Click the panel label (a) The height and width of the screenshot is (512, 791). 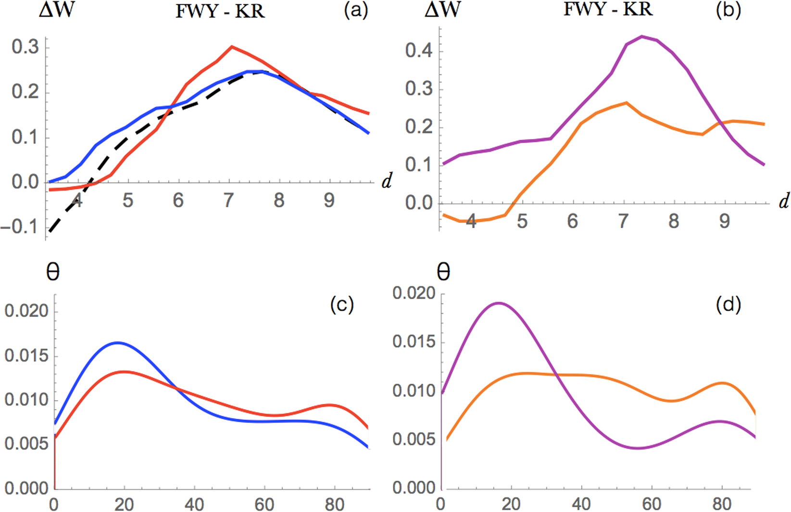tap(356, 10)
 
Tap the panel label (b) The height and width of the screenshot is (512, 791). tap(728, 10)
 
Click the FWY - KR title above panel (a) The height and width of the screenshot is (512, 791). tap(220, 11)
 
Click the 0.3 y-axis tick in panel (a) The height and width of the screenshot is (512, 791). tap(25, 47)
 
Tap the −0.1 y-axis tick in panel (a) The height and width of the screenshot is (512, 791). tap(19, 226)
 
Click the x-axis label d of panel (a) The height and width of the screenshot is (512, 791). tap(386, 182)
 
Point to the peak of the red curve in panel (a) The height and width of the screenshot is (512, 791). tap(232, 47)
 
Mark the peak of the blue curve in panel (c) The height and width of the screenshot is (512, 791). tap(117, 342)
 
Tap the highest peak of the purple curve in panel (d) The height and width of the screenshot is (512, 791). tap(499, 303)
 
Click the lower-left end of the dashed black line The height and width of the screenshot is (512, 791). tap(50, 232)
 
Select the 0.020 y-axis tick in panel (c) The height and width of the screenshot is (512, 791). tap(26, 311)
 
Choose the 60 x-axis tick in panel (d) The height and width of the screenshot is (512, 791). tap(652, 504)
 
